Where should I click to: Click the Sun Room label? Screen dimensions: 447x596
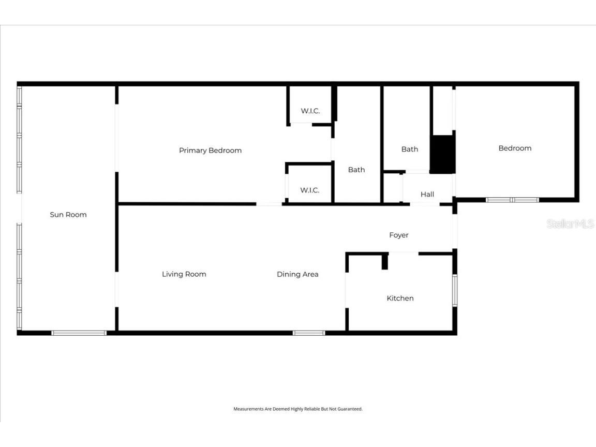[68, 215]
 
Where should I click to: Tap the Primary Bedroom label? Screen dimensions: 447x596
[210, 151]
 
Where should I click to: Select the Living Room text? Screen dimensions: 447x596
[184, 274]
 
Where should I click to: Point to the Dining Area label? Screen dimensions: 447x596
[297, 274]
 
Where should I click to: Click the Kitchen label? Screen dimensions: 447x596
[400, 298]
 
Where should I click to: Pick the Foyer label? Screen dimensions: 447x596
[398, 235]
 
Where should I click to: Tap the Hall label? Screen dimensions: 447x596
[427, 195]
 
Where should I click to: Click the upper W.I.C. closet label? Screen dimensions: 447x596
[310, 111]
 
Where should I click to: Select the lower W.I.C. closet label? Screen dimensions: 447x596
[309, 190]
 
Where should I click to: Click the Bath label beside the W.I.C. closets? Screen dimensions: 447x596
[356, 170]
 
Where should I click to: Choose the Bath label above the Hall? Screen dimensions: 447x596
[409, 149]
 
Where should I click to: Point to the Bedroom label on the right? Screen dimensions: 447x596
[515, 148]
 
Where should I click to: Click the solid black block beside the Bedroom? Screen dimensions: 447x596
[442, 154]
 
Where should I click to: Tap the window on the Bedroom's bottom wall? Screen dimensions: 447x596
[512, 200]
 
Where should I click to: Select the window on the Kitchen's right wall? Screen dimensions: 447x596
[455, 290]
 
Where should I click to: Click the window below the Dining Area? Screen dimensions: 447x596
[309, 333]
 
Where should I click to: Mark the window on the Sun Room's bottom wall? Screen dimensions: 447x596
[79, 333]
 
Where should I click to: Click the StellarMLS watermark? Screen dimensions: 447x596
[570, 224]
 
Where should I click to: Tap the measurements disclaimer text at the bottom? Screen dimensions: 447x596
[297, 409]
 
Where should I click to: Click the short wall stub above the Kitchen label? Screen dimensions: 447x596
[384, 262]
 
